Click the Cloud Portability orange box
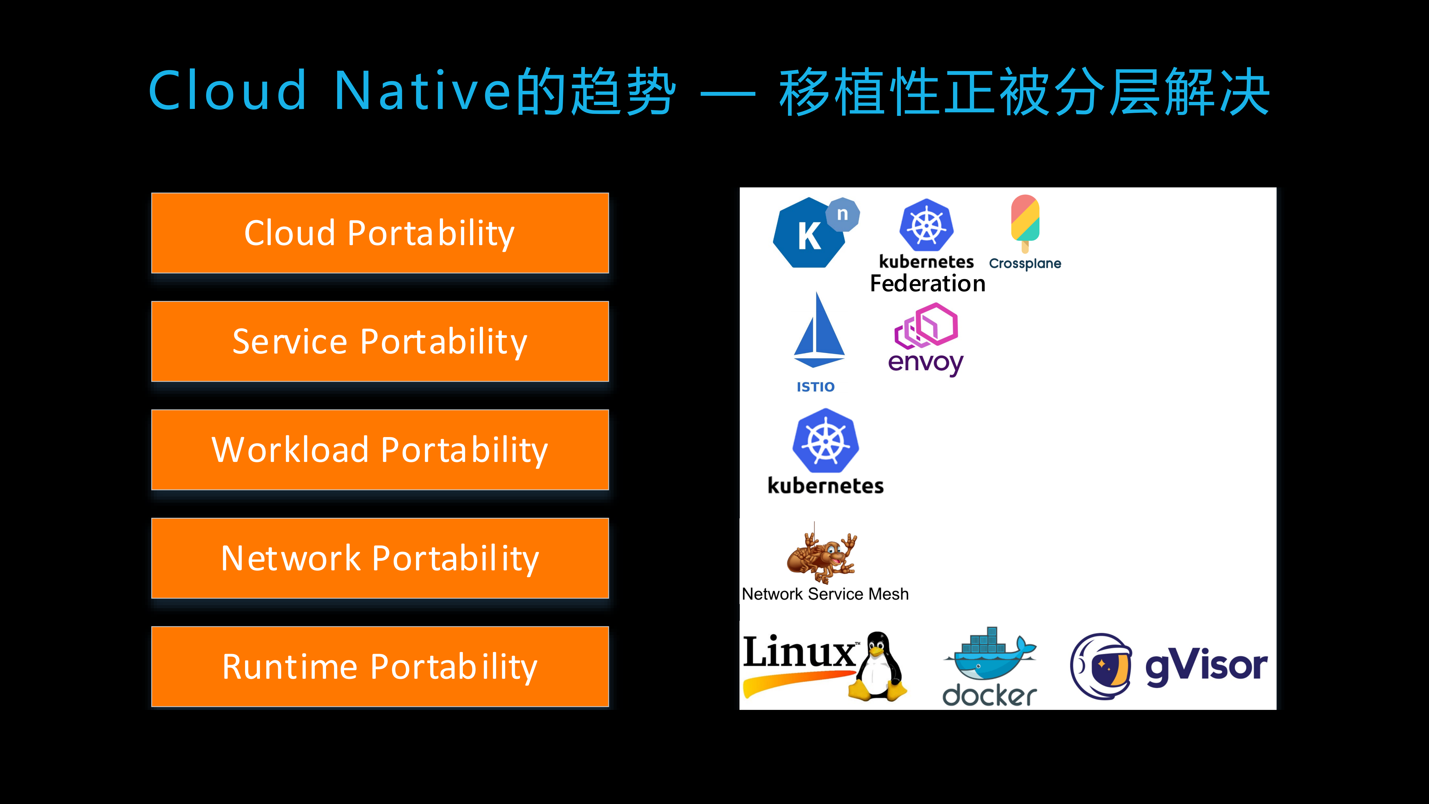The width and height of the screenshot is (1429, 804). (380, 233)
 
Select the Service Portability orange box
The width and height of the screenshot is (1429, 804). (380, 341)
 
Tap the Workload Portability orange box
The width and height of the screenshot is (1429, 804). (380, 449)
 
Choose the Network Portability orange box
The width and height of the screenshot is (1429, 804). (380, 558)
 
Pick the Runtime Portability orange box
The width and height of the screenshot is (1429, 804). (380, 666)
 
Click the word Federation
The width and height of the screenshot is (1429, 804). (928, 283)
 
